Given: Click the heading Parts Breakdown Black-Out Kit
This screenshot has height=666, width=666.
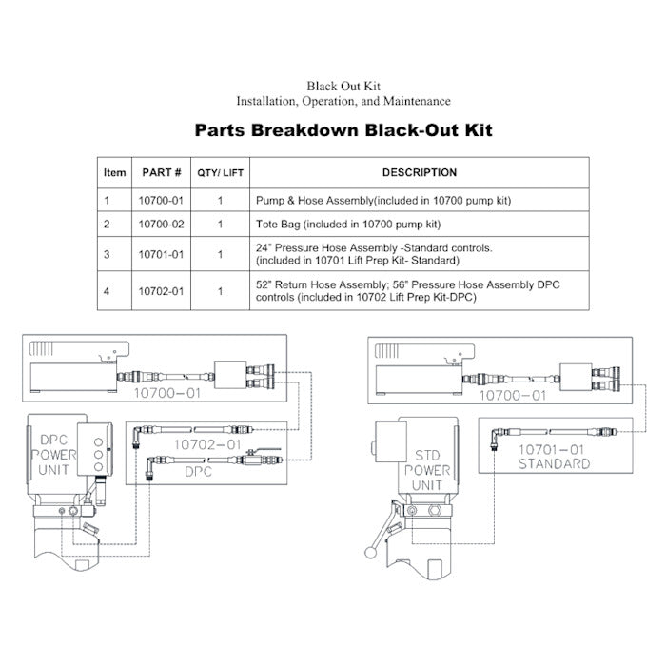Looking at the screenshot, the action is click(x=343, y=130).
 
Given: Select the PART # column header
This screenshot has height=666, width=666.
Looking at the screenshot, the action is click(x=162, y=172).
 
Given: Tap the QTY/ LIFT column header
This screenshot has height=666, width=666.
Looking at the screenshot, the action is click(x=220, y=173).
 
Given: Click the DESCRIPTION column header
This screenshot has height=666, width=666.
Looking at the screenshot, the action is click(x=420, y=172).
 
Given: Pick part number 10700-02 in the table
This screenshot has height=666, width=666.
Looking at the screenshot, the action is click(x=162, y=225).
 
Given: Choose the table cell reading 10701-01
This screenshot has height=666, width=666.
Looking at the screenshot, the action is click(x=162, y=254).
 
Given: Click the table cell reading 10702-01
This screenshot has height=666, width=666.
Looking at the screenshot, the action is click(x=162, y=291).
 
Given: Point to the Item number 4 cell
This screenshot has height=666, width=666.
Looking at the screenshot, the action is click(x=107, y=291).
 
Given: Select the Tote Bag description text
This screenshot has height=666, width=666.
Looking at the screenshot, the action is click(x=348, y=225).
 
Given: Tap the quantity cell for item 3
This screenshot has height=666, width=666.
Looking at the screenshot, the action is click(x=220, y=254).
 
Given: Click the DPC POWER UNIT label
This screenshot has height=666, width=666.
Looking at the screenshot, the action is click(x=54, y=455).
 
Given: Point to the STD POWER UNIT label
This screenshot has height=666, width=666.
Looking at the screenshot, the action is click(x=427, y=470).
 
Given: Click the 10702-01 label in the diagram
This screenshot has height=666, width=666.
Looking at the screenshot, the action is click(x=207, y=444).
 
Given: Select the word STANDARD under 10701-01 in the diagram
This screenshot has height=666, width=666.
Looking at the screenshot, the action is click(x=555, y=464).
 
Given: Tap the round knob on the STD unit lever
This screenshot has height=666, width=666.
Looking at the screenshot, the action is click(x=370, y=552).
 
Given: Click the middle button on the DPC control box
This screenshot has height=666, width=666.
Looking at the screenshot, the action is click(x=98, y=455).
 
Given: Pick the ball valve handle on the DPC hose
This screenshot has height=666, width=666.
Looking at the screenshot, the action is click(x=264, y=450).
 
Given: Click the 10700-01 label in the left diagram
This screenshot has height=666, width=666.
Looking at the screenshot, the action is click(x=166, y=393).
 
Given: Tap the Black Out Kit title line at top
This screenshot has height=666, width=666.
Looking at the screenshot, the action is click(x=343, y=87).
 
